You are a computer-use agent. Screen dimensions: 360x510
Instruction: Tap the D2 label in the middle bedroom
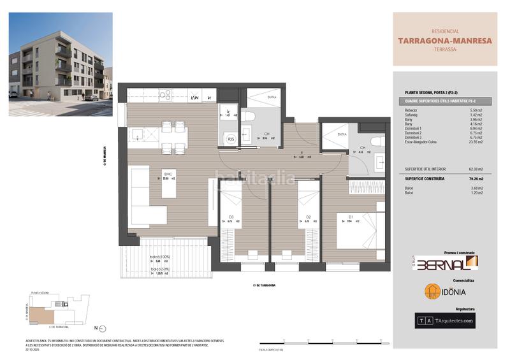click(x=308, y=217)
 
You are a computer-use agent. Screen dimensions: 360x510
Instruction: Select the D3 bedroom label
click(x=231, y=217)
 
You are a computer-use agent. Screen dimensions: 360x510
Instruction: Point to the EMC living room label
click(x=168, y=174)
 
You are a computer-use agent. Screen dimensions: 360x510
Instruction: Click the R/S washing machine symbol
click(x=231, y=139)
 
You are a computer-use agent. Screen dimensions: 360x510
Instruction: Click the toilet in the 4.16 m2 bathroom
click(x=375, y=141)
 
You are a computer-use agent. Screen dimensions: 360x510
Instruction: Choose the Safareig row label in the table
click(x=413, y=115)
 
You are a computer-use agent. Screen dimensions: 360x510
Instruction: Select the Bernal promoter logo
click(x=445, y=263)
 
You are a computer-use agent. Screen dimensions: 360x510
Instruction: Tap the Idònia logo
click(x=445, y=291)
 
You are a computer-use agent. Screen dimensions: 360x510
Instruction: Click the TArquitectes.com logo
click(x=445, y=320)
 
